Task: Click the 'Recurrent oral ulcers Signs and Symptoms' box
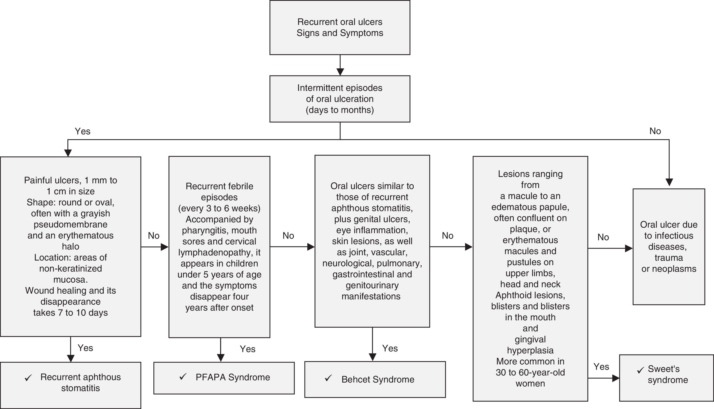[x=340, y=28]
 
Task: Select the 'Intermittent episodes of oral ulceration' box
[x=340, y=99]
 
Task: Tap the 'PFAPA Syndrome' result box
[x=224, y=378]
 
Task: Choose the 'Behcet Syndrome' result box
[x=375, y=379]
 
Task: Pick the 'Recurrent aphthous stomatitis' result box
[x=71, y=385]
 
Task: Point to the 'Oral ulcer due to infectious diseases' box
[x=669, y=247]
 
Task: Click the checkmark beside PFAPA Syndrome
[x=183, y=376]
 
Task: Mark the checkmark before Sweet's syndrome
[x=640, y=370]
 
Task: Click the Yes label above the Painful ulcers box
[x=82, y=131]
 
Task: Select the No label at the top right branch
[x=655, y=131]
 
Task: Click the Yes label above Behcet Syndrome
[x=390, y=348]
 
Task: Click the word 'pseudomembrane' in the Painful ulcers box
[x=71, y=224]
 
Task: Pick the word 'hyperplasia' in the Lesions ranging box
[x=530, y=350]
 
